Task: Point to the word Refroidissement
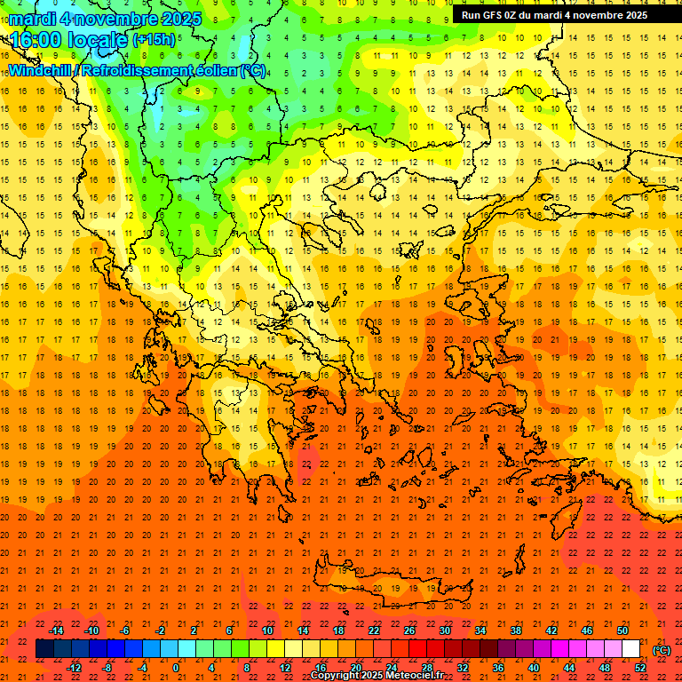coord(137,70)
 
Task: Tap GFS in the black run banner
coord(493,15)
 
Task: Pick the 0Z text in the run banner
coord(513,15)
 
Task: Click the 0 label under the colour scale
coord(176,668)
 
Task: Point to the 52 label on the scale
coord(640,668)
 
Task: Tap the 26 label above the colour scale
coord(409,630)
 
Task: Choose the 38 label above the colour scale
coord(515,630)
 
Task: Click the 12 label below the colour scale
coord(285,668)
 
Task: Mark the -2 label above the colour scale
coord(160,630)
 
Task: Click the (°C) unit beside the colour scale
coord(662,650)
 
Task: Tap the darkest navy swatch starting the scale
coord(44,649)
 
